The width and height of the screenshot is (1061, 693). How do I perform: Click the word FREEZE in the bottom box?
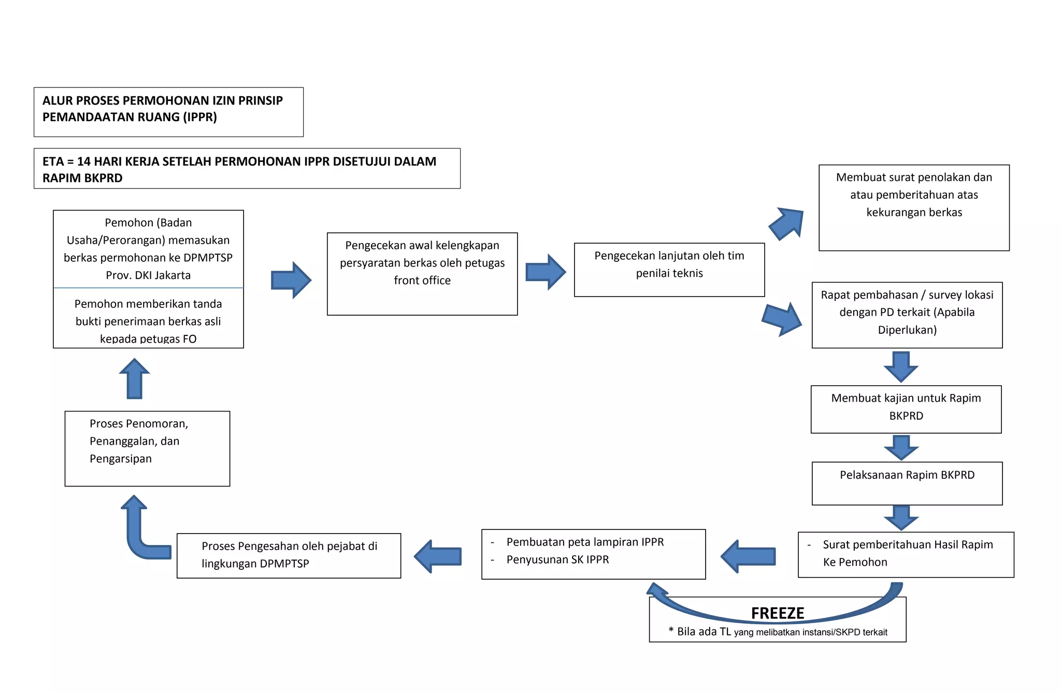click(777, 613)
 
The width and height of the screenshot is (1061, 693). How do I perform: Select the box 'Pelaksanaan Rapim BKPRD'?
click(907, 482)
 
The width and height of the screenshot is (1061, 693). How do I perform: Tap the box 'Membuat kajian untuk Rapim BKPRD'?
click(906, 408)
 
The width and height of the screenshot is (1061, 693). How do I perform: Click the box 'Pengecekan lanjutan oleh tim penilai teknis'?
click(669, 269)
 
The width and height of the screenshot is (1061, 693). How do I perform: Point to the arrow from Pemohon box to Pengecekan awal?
click(291, 280)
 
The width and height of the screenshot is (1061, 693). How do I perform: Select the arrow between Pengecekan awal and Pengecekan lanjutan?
click(546, 272)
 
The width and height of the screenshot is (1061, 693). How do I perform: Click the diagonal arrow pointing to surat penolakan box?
click(787, 224)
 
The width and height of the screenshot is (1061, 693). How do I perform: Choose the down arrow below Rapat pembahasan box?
click(901, 366)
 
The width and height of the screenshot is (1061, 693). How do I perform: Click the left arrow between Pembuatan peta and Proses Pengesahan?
click(438, 556)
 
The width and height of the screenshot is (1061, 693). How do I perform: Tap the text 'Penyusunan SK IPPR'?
click(557, 559)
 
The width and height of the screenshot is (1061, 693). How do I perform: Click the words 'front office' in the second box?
click(422, 281)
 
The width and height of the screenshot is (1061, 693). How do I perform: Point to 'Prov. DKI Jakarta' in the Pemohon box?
click(148, 275)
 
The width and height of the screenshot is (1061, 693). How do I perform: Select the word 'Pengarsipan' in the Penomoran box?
click(121, 459)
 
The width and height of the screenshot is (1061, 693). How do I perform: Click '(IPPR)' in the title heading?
click(199, 117)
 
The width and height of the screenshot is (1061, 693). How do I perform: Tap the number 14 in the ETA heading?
click(83, 161)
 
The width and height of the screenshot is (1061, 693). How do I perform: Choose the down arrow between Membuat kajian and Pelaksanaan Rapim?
click(901, 447)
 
